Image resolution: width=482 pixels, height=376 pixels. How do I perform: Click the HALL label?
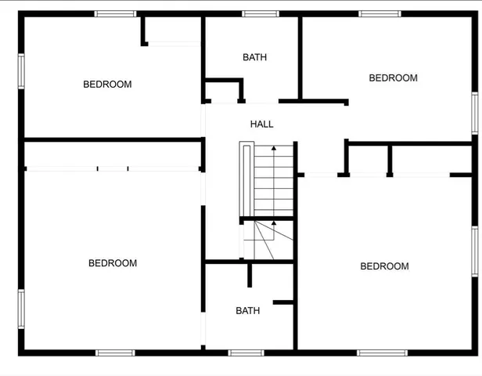point(261,124)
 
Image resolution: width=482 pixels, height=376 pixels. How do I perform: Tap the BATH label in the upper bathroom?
point(254,57)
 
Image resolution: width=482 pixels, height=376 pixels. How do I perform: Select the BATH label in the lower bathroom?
point(247,311)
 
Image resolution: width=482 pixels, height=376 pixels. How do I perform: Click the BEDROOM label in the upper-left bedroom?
point(107,85)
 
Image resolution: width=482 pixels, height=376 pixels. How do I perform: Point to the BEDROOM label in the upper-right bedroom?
point(393,78)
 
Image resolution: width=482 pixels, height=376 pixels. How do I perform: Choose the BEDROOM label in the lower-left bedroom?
point(112,263)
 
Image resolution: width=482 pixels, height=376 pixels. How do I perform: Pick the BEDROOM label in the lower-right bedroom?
point(384,266)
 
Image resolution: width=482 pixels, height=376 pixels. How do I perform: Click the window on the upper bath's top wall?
point(260,13)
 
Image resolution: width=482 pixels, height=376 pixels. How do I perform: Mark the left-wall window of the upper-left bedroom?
point(21,73)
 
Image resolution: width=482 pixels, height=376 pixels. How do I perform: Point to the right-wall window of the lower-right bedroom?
point(474,251)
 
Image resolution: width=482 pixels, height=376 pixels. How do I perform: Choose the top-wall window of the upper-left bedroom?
point(115,13)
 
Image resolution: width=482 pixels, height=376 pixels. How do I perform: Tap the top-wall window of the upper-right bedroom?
point(379,13)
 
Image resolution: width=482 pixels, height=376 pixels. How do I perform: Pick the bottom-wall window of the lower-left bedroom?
point(115,352)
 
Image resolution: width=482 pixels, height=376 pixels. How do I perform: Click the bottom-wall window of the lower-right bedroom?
point(382,352)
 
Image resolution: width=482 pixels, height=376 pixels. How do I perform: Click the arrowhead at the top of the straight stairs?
point(273,147)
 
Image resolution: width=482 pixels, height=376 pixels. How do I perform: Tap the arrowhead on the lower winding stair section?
point(273,223)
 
